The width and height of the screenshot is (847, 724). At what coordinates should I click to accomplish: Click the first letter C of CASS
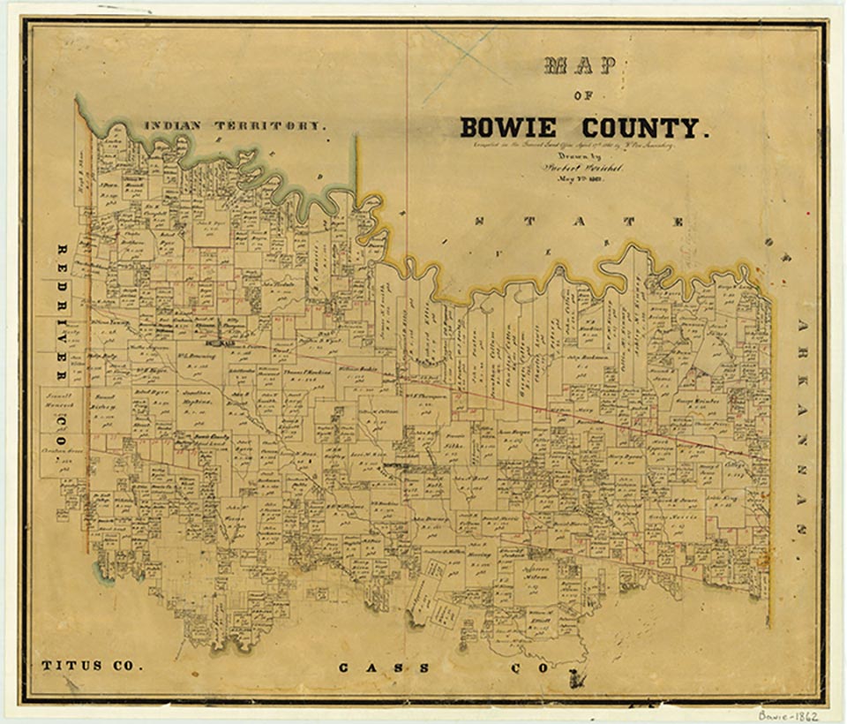point(346,667)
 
